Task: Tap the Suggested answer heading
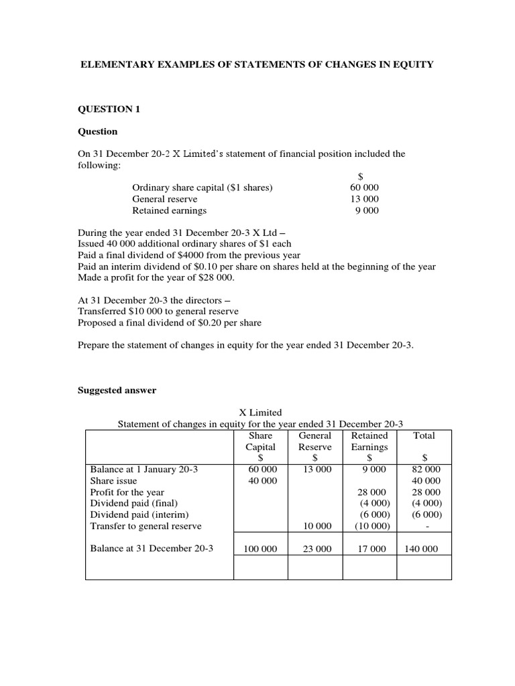[117, 391]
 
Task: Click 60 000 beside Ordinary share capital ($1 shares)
[364, 188]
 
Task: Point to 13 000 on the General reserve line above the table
[364, 199]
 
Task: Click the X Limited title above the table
[261, 413]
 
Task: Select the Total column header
[424, 435]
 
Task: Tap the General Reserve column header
[315, 441]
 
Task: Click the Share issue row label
[113, 481]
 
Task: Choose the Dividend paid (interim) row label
[135, 515]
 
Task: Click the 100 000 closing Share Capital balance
[261, 549]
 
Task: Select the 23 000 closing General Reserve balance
[316, 549]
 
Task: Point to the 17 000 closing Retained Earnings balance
[369, 549]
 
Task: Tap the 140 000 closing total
[420, 549]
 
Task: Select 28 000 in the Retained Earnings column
[371, 492]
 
